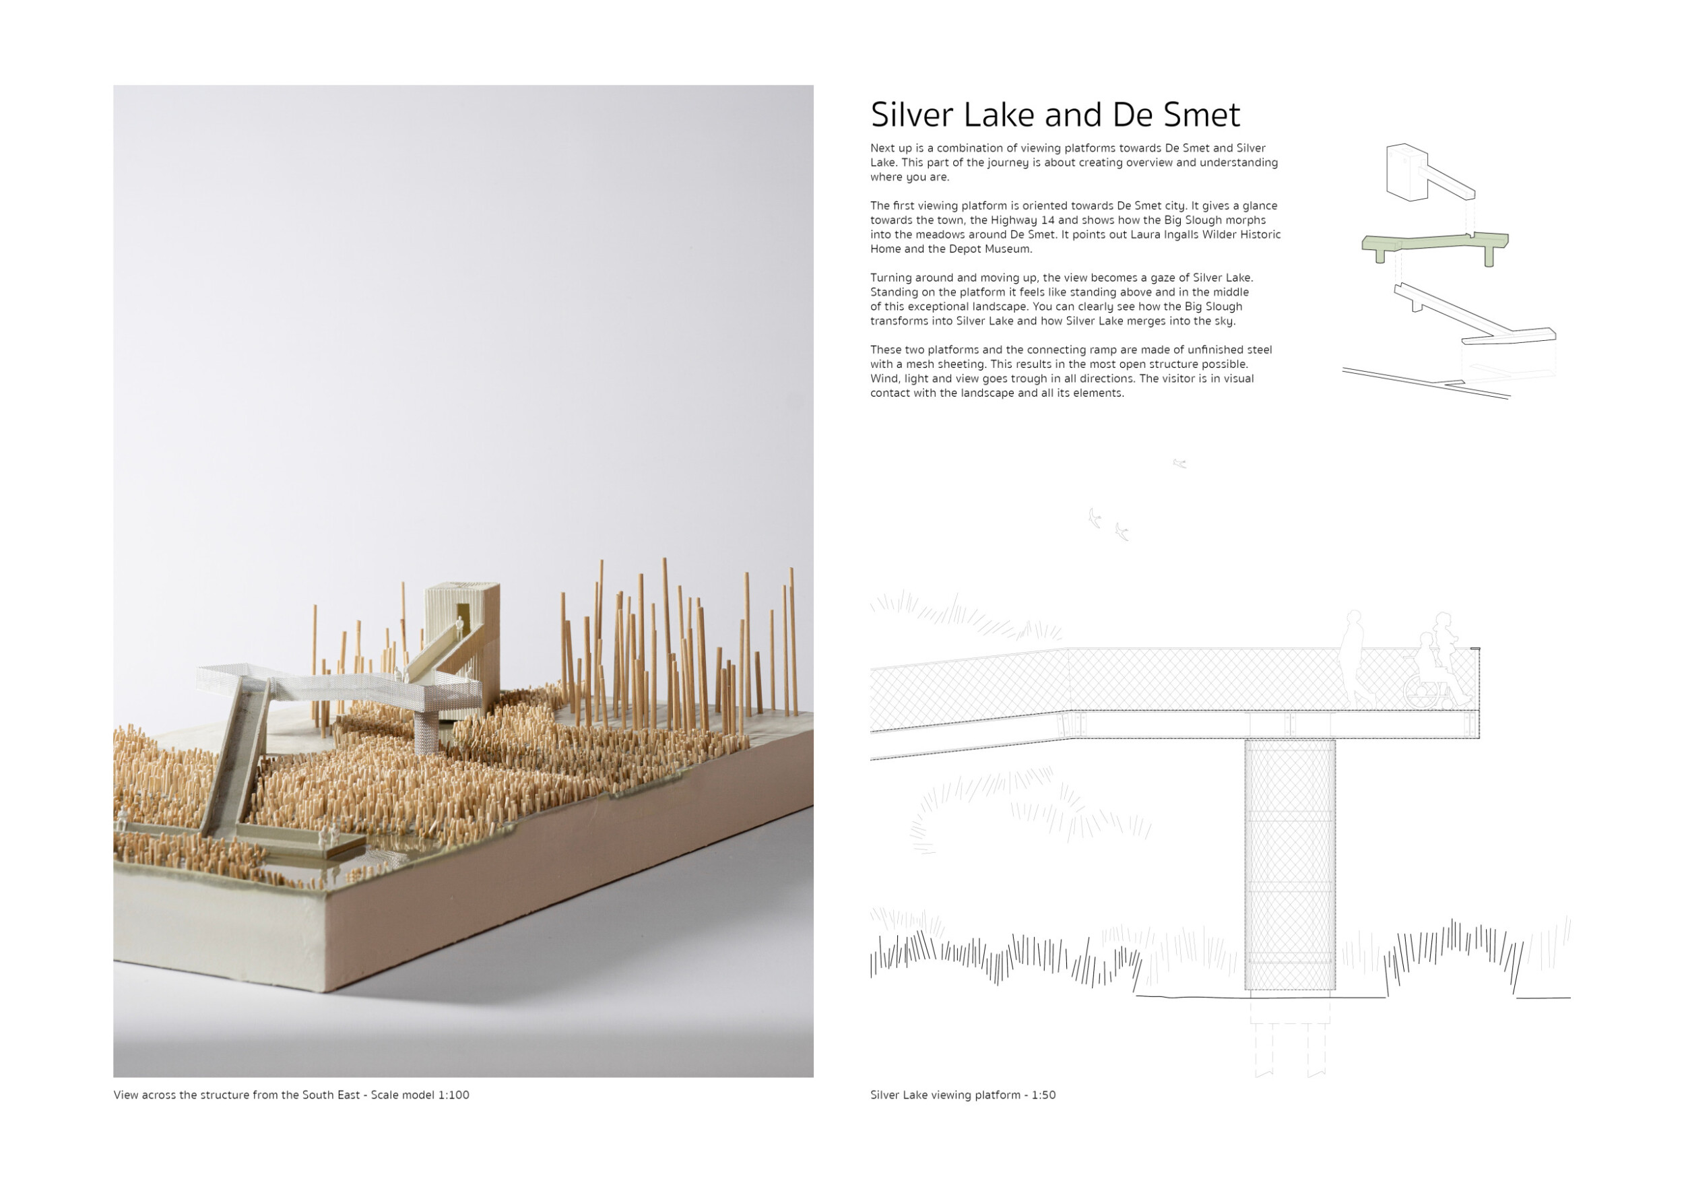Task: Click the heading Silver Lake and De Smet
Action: [1055, 115]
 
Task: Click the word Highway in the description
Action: [1014, 220]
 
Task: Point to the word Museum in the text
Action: [1010, 249]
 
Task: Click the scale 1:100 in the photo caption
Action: [453, 1095]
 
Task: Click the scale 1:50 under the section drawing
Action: [1043, 1095]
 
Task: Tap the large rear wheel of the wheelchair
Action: [1421, 691]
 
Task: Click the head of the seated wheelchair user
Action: [1427, 640]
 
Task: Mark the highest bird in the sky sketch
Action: [1179, 463]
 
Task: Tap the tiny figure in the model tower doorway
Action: [459, 628]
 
